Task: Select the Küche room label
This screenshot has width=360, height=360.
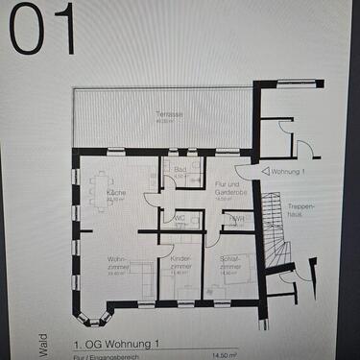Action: (x=116, y=194)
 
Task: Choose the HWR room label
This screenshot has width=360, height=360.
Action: (x=235, y=219)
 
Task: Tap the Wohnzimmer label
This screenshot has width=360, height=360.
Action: (x=117, y=261)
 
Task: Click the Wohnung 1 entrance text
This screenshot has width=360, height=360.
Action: (x=289, y=172)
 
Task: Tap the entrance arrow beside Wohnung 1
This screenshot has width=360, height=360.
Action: (x=265, y=172)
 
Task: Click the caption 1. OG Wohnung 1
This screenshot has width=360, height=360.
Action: (x=114, y=341)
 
